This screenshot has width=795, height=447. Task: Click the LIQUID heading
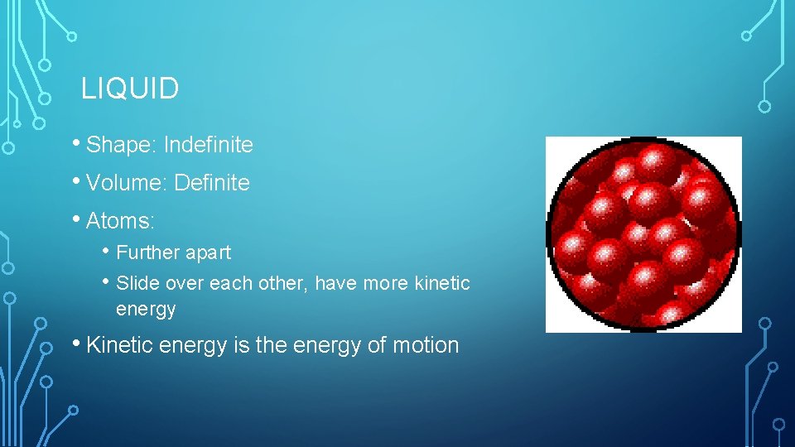pos(130,89)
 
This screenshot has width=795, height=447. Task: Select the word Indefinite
pos(208,146)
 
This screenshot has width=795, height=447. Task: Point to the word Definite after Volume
pos(212,183)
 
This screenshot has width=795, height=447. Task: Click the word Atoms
pos(119,221)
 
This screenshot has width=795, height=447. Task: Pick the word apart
pos(209,253)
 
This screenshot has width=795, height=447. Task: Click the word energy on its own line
pos(146,310)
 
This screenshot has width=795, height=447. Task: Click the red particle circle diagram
pos(643,234)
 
